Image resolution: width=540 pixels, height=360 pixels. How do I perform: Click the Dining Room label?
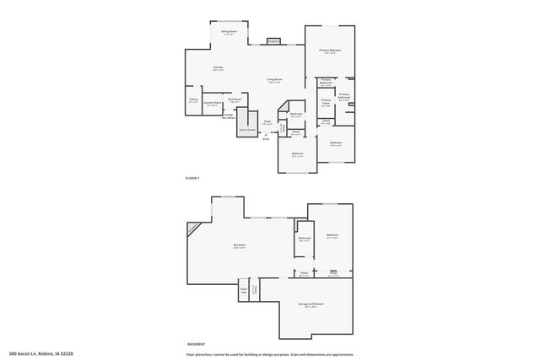pyautogui.click(x=228, y=32)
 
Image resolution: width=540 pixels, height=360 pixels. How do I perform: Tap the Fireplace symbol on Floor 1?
pyautogui.click(x=273, y=40)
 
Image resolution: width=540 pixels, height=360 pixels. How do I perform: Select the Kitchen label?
pyautogui.click(x=218, y=68)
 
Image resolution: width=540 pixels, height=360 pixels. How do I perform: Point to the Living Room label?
pyautogui.click(x=275, y=80)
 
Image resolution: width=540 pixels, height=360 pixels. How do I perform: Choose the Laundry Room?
pyautogui.click(x=213, y=105)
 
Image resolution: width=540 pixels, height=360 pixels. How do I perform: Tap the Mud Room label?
pyautogui.click(x=235, y=101)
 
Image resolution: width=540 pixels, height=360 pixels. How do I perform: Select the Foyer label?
pyautogui.click(x=267, y=122)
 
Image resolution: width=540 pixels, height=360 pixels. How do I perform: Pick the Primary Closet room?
pyautogui.click(x=326, y=104)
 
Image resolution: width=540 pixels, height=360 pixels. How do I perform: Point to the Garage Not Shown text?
pyautogui.click(x=228, y=116)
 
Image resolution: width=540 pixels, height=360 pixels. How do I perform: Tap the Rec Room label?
pyautogui.click(x=240, y=246)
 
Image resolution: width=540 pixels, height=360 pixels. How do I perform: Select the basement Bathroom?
pyautogui.click(x=305, y=239)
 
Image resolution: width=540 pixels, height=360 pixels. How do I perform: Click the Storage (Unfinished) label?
pyautogui.click(x=310, y=304)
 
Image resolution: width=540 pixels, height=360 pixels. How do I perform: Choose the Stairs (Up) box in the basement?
pyautogui.click(x=244, y=291)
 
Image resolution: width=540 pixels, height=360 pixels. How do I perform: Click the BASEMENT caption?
pyautogui.click(x=196, y=343)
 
